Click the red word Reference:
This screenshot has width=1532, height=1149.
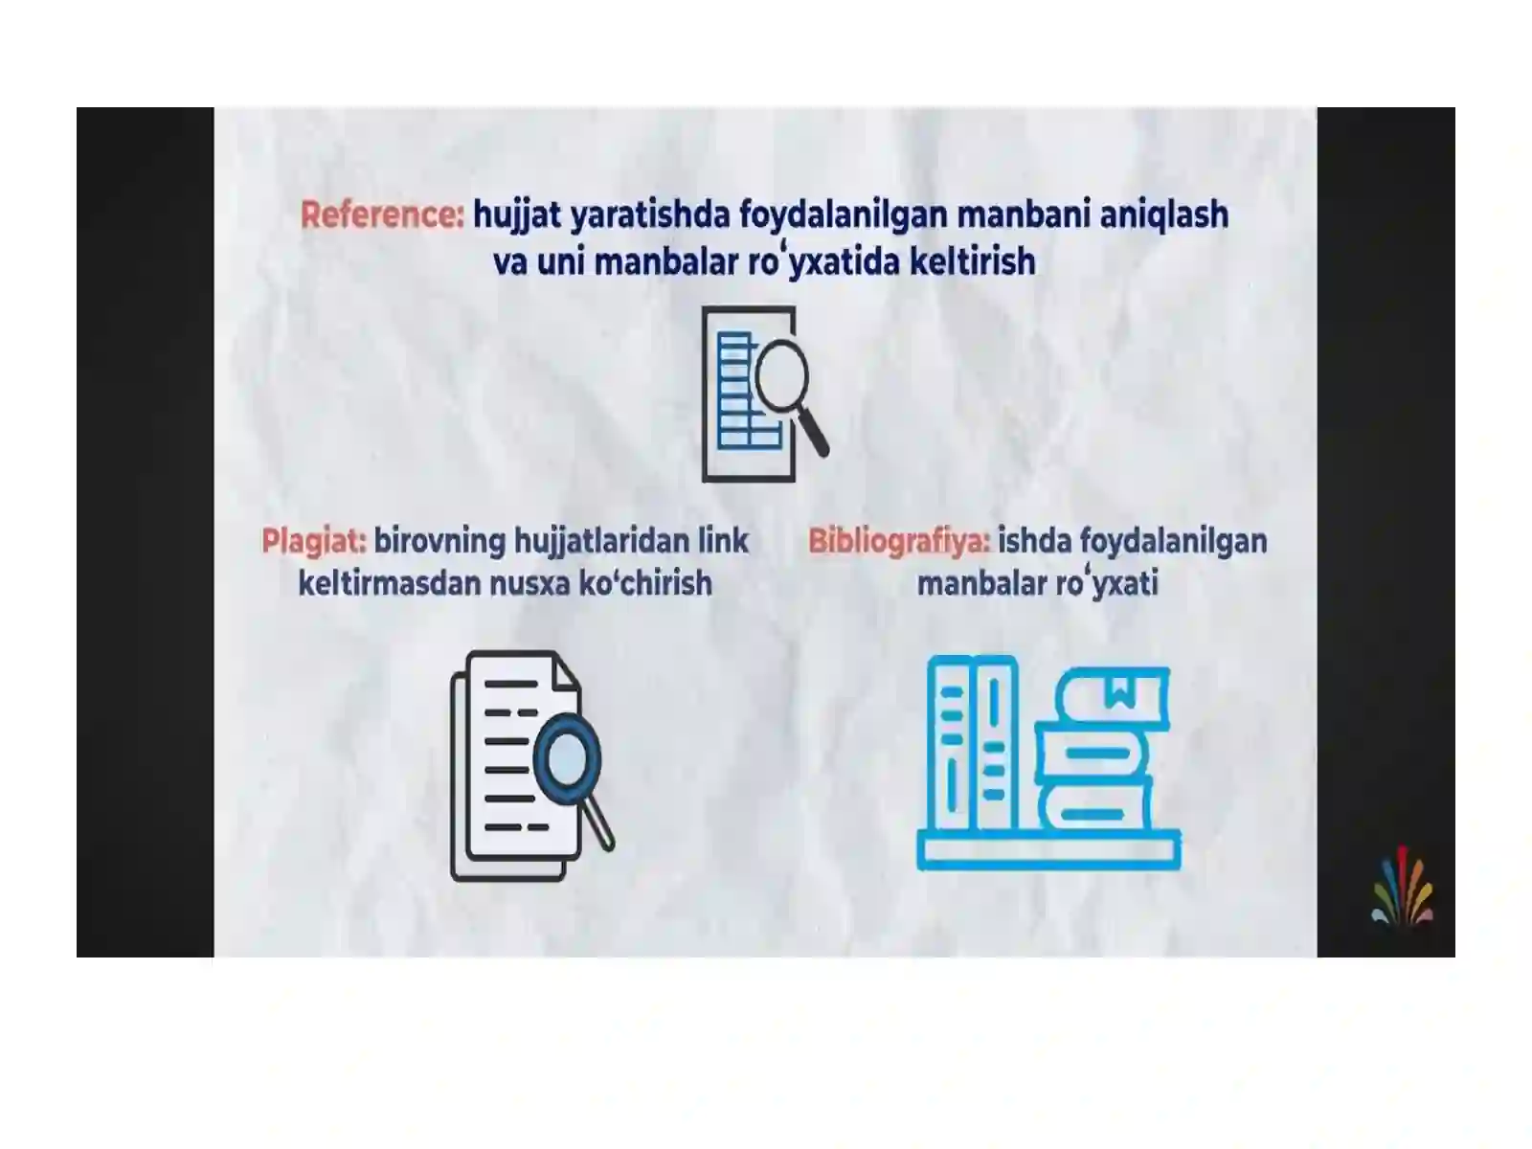click(x=382, y=214)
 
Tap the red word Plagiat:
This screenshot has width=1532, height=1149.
click(x=313, y=541)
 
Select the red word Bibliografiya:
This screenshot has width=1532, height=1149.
click(x=899, y=542)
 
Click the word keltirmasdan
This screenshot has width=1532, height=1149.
click(x=390, y=583)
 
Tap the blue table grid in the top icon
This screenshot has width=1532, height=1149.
click(x=747, y=392)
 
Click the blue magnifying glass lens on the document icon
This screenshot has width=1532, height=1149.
click(x=566, y=758)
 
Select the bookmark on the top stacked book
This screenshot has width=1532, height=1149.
click(x=1119, y=692)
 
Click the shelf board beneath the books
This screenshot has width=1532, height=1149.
click(x=1048, y=851)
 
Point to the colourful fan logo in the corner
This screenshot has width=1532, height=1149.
click(x=1402, y=887)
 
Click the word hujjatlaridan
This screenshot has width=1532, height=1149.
click(x=601, y=542)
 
